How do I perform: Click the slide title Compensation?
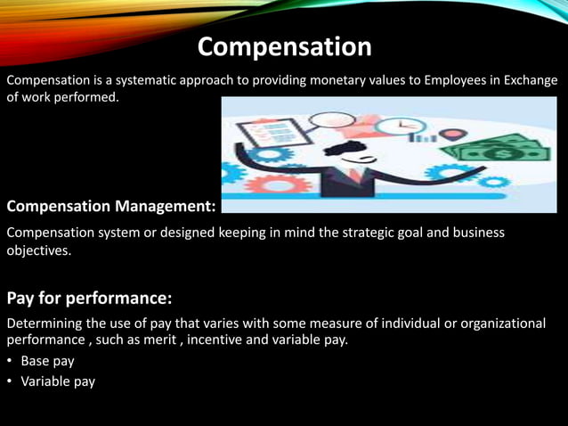click(284, 46)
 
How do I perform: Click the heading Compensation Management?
click(111, 207)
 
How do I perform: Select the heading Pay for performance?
click(89, 296)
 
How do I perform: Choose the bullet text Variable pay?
click(58, 381)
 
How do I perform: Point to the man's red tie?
click(357, 175)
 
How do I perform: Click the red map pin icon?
click(453, 135)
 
